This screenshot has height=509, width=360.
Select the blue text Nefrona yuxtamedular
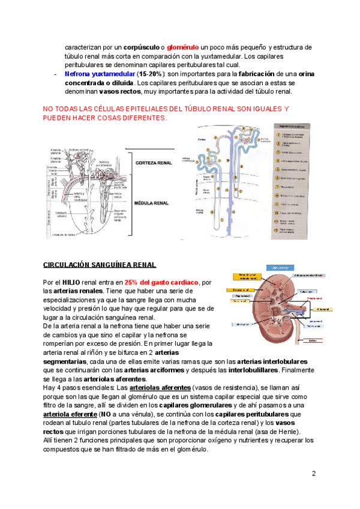[x=99, y=74]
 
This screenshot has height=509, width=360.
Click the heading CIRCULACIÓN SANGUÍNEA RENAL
[x=100, y=265]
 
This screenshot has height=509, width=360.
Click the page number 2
[x=313, y=474]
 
